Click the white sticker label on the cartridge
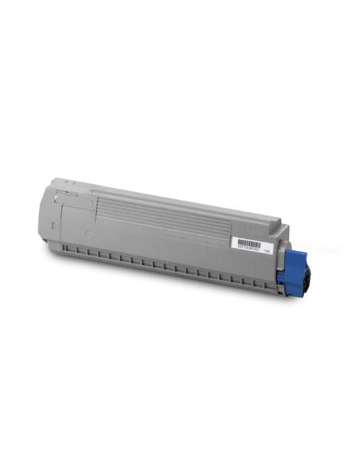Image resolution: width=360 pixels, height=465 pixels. (248, 244)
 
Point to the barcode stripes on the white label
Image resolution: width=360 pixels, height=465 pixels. (248, 241)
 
